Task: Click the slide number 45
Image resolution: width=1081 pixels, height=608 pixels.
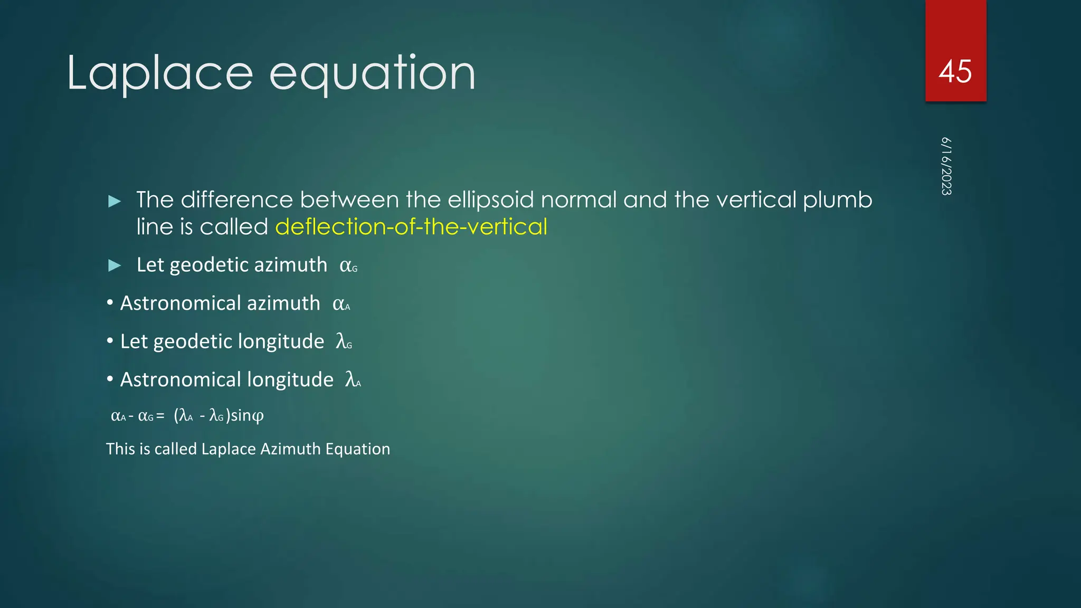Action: tap(955, 71)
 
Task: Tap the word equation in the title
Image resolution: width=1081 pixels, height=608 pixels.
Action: tap(372, 74)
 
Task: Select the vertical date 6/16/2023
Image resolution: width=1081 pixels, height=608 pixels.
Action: tap(946, 166)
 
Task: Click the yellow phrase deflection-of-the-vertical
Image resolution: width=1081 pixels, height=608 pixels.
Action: tap(411, 227)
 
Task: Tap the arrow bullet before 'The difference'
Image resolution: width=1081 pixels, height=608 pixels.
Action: tap(115, 201)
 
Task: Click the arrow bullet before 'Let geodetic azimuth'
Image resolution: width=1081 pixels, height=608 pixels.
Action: tap(115, 265)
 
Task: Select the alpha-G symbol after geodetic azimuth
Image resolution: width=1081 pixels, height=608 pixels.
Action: tap(348, 265)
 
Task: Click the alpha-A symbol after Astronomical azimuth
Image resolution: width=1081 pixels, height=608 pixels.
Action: tap(341, 304)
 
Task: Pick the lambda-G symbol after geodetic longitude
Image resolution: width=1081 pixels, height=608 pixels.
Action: tap(344, 341)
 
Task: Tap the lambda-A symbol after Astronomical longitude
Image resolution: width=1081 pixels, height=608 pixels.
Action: tap(353, 379)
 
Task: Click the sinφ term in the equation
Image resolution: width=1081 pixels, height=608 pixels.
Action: tap(247, 415)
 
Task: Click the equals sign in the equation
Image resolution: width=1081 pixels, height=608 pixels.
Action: tap(160, 416)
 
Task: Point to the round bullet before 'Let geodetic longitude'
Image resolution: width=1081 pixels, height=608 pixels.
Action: tap(110, 341)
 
